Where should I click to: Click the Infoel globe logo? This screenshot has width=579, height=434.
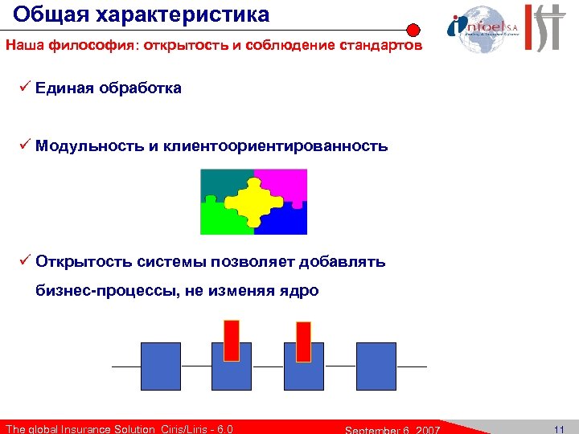click(x=479, y=24)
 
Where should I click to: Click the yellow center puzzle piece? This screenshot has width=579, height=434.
click(x=253, y=201)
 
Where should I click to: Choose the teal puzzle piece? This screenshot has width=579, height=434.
click(x=219, y=183)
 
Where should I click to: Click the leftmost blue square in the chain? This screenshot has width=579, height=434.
click(x=161, y=366)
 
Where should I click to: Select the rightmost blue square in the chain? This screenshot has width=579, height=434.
click(x=376, y=366)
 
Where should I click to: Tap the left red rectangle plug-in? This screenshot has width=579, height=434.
click(x=232, y=339)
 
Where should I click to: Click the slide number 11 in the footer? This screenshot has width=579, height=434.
click(x=559, y=428)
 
